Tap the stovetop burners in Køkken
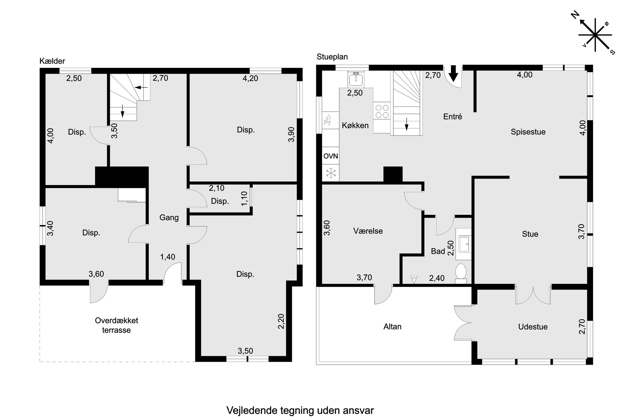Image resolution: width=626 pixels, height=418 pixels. click(382, 111)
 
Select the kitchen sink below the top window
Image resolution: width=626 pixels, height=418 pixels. click(356, 79)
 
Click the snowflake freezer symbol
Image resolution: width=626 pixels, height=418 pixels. click(330, 173)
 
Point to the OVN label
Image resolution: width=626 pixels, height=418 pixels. click(330, 156)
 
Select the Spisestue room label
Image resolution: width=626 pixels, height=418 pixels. click(528, 132)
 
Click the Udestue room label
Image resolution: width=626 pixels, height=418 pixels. click(533, 327)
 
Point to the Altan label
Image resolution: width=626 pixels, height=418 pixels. click(392, 327)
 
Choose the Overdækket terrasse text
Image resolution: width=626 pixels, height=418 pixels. click(116, 325)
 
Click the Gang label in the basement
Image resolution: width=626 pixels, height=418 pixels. click(169, 218)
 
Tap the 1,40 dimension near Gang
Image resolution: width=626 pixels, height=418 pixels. click(168, 257)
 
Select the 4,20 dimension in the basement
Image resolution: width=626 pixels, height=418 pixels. click(250, 78)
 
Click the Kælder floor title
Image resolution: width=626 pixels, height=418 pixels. click(52, 61)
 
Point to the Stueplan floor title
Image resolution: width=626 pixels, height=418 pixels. click(332, 57)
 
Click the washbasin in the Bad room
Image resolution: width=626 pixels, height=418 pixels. click(463, 244)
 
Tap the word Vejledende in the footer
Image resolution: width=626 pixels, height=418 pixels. click(252, 411)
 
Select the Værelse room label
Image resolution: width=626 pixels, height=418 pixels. click(368, 231)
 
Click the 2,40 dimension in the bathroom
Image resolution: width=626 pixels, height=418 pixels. click(437, 278)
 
